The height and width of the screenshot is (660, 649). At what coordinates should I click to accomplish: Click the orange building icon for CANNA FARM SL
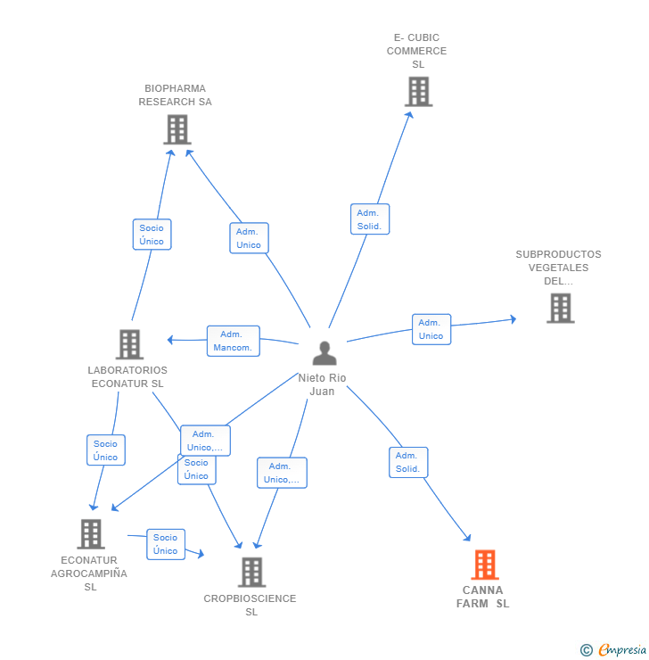pos(485,565)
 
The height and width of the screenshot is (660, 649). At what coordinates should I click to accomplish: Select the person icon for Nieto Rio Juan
pos(324,352)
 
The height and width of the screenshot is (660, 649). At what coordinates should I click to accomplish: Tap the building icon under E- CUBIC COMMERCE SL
pos(418,91)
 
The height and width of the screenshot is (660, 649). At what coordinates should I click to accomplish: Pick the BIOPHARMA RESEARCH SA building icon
pos(177,129)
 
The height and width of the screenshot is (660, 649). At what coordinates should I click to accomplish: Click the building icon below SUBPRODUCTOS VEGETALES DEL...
pos(560,308)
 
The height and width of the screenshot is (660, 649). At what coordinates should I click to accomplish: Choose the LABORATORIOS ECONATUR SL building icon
pos(129,344)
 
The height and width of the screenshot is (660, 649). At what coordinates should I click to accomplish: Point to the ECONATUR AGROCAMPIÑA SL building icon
pos(90,534)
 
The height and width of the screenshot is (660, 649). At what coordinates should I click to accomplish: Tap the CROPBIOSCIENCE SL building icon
pos(251,572)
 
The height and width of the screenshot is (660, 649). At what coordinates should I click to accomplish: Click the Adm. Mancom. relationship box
pos(233,341)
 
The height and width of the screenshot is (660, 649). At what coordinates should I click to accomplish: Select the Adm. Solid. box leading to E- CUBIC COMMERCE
pos(370,219)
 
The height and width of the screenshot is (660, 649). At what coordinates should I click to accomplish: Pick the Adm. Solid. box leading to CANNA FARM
pos(408,462)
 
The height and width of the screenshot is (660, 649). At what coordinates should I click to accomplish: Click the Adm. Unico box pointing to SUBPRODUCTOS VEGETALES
pos(431,329)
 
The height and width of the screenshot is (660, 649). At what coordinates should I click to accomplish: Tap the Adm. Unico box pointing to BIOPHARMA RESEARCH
pos(249,238)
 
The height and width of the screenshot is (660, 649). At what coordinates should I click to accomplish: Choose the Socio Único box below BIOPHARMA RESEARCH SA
pos(152,235)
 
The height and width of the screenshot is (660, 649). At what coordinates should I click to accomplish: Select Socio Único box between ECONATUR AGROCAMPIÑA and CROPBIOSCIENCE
pos(166,544)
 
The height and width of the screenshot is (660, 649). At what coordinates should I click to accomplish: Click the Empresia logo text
pos(622,649)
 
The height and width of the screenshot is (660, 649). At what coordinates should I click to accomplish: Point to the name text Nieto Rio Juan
pos(322,384)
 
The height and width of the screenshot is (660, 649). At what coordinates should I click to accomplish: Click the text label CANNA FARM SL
pos(483,597)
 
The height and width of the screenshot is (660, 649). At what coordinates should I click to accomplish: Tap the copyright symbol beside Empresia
pos(587,650)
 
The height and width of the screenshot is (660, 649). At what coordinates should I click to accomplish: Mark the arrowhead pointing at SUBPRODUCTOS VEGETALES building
pos(513,319)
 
